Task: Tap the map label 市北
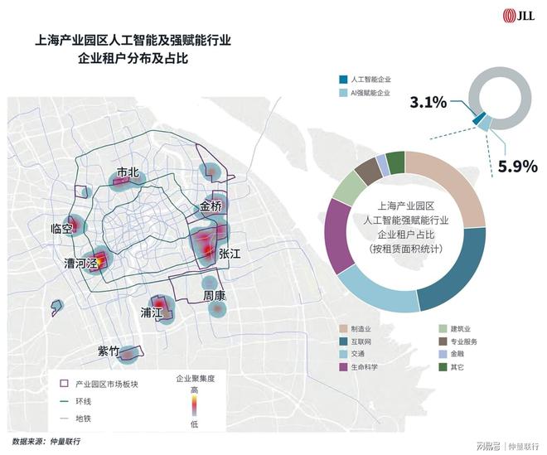pyautogui.click(x=128, y=172)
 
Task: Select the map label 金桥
pyautogui.click(x=211, y=207)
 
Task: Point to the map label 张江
pyautogui.click(x=230, y=254)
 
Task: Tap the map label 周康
pyautogui.click(x=215, y=295)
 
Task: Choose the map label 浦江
pyautogui.click(x=152, y=313)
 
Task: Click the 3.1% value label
pyautogui.click(x=428, y=103)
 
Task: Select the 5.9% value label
pyautogui.click(x=513, y=166)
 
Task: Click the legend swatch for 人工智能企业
pyautogui.click(x=343, y=80)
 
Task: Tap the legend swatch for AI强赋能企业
pyautogui.click(x=343, y=94)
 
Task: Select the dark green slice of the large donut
pyautogui.click(x=396, y=161)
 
